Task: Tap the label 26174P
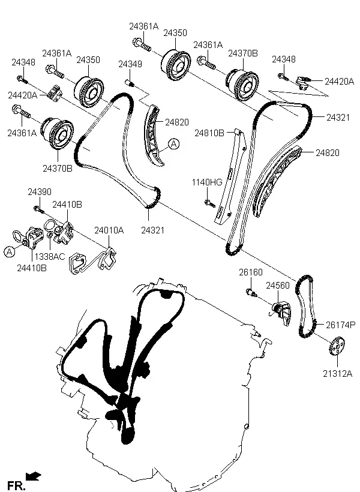340,325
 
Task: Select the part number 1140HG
207,182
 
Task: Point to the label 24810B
209,133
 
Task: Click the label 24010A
109,230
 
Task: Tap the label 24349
130,64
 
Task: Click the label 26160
251,272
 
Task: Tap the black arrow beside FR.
34,476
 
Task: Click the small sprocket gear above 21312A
337,349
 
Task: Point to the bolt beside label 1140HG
209,203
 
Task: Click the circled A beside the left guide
173,144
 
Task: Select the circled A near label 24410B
9,252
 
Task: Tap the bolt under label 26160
251,293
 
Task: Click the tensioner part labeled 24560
281,311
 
